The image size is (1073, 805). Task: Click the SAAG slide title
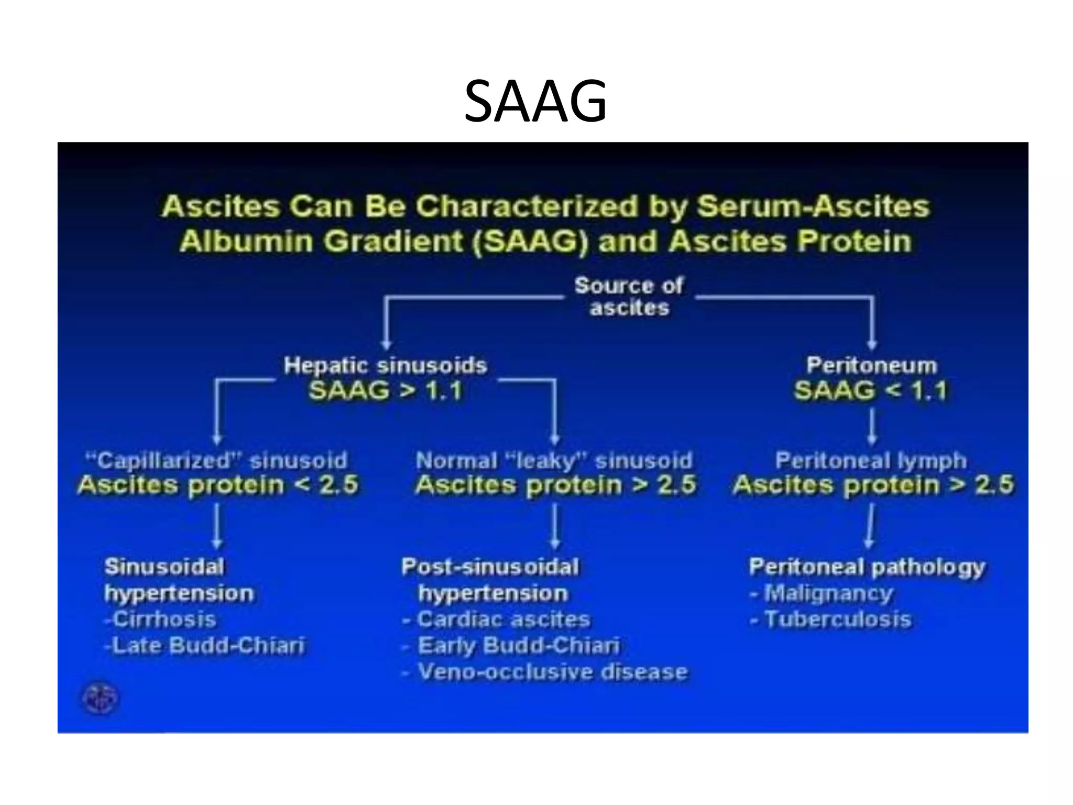(535, 101)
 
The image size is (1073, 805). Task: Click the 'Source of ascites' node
(629, 297)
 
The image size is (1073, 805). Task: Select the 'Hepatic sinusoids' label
(385, 365)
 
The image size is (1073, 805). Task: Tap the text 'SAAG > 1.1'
(385, 391)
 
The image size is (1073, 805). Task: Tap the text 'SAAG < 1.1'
(871, 391)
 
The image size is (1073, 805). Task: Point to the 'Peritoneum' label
(871, 365)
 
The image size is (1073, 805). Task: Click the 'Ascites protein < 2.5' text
(218, 485)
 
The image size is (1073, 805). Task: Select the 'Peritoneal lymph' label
(871, 461)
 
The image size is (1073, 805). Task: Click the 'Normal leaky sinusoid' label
(554, 461)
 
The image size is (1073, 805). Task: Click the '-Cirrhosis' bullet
(160, 619)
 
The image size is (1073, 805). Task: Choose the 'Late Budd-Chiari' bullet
(204, 645)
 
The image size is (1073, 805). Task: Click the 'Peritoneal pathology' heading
(867, 567)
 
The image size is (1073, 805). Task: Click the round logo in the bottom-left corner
(101, 699)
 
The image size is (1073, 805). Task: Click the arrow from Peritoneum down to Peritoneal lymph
(872, 426)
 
